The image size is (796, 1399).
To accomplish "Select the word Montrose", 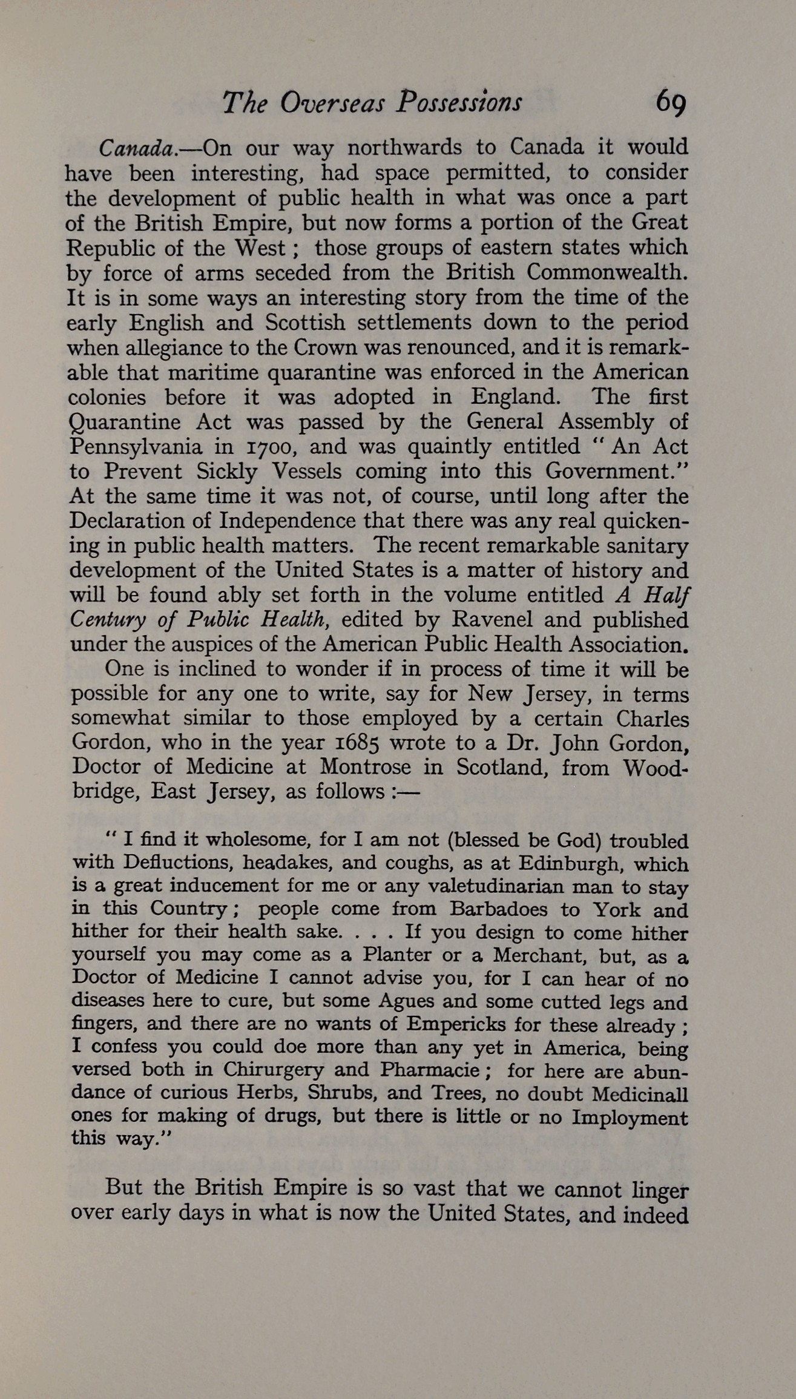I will pos(366,768).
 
